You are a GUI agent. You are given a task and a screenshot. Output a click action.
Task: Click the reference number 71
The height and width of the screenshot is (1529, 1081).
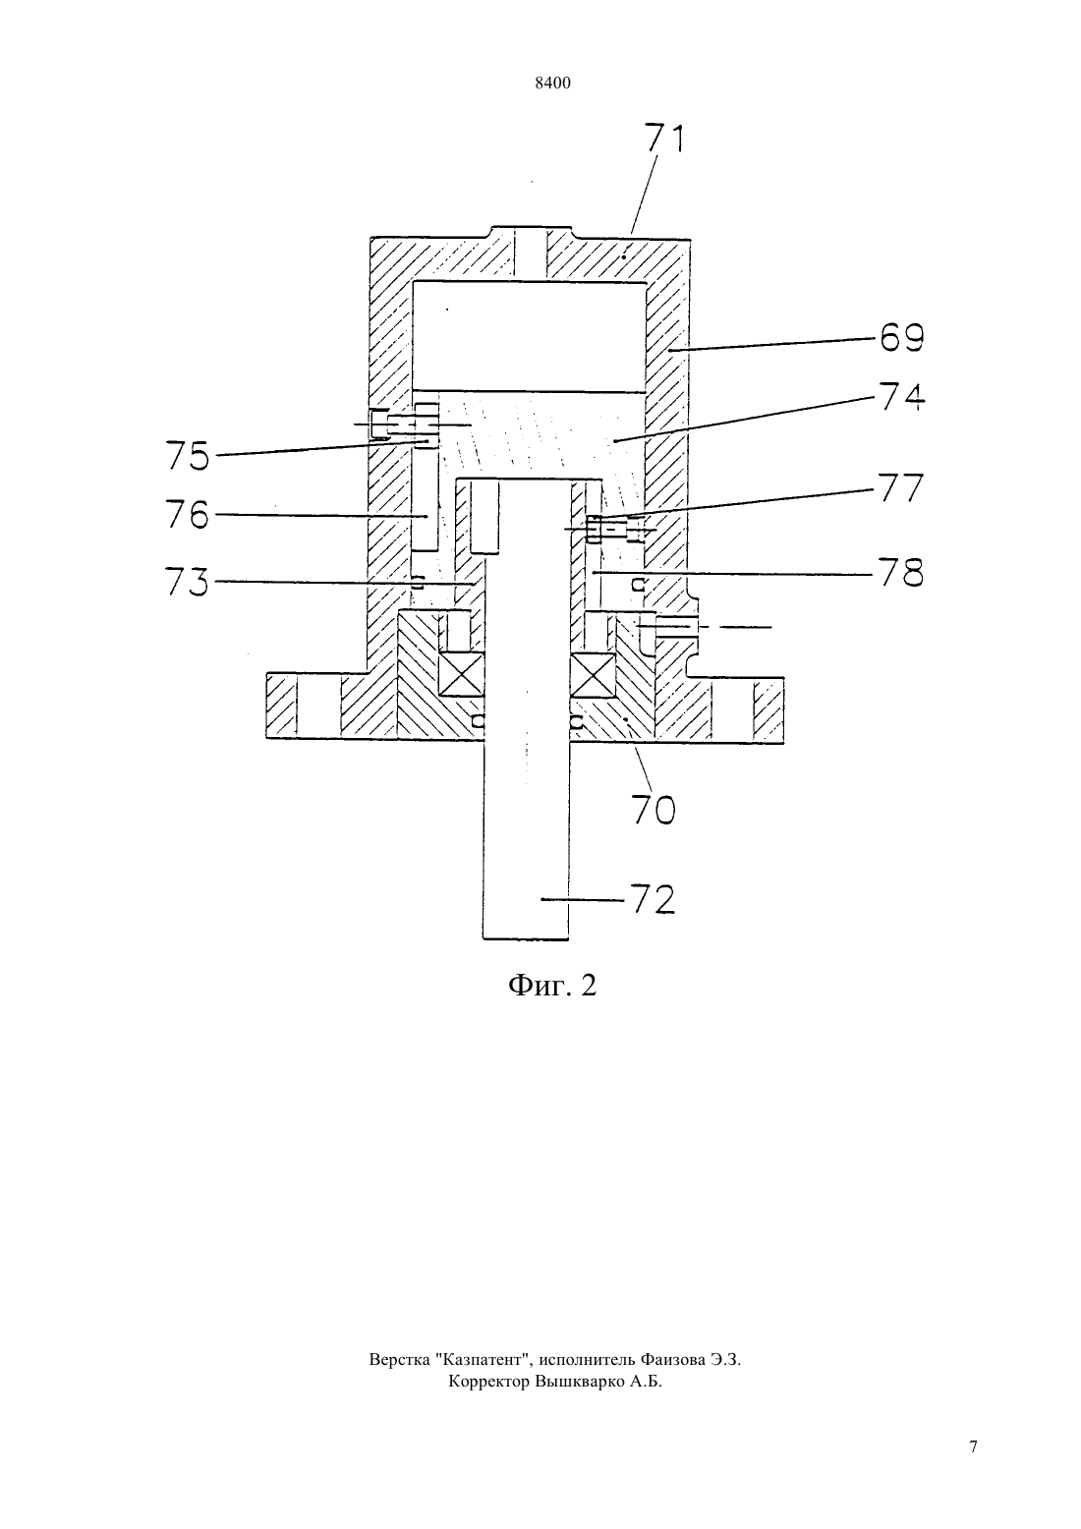point(664,138)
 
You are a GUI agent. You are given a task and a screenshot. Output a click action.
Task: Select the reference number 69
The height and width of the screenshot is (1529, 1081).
point(901,337)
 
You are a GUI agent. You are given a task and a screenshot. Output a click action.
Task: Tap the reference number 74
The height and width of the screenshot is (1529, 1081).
point(901,397)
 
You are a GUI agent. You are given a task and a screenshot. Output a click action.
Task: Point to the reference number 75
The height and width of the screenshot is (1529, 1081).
point(188,456)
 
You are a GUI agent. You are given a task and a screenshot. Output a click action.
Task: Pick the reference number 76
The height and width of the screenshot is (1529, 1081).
point(188,515)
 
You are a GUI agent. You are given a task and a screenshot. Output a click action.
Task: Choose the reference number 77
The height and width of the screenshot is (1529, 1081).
point(901,487)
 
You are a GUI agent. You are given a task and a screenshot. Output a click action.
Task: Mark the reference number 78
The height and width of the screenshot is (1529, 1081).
point(901,573)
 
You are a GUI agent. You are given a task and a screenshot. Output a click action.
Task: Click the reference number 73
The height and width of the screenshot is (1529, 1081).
point(188,583)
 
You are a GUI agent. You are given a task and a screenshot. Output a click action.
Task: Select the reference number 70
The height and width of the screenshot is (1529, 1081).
point(654,810)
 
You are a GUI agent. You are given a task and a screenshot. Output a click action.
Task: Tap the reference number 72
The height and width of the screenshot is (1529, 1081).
point(653,899)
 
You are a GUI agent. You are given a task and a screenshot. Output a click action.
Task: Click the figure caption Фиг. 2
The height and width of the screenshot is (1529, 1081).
point(552,985)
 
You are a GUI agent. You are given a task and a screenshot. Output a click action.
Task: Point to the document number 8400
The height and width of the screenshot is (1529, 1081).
point(552,84)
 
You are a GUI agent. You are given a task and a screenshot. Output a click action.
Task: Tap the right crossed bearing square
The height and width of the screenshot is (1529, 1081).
point(593,674)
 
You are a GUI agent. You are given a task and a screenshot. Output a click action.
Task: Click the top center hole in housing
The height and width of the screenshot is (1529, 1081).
point(530,253)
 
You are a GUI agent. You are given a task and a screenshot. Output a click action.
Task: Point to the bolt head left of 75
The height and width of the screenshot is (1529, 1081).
point(378,425)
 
